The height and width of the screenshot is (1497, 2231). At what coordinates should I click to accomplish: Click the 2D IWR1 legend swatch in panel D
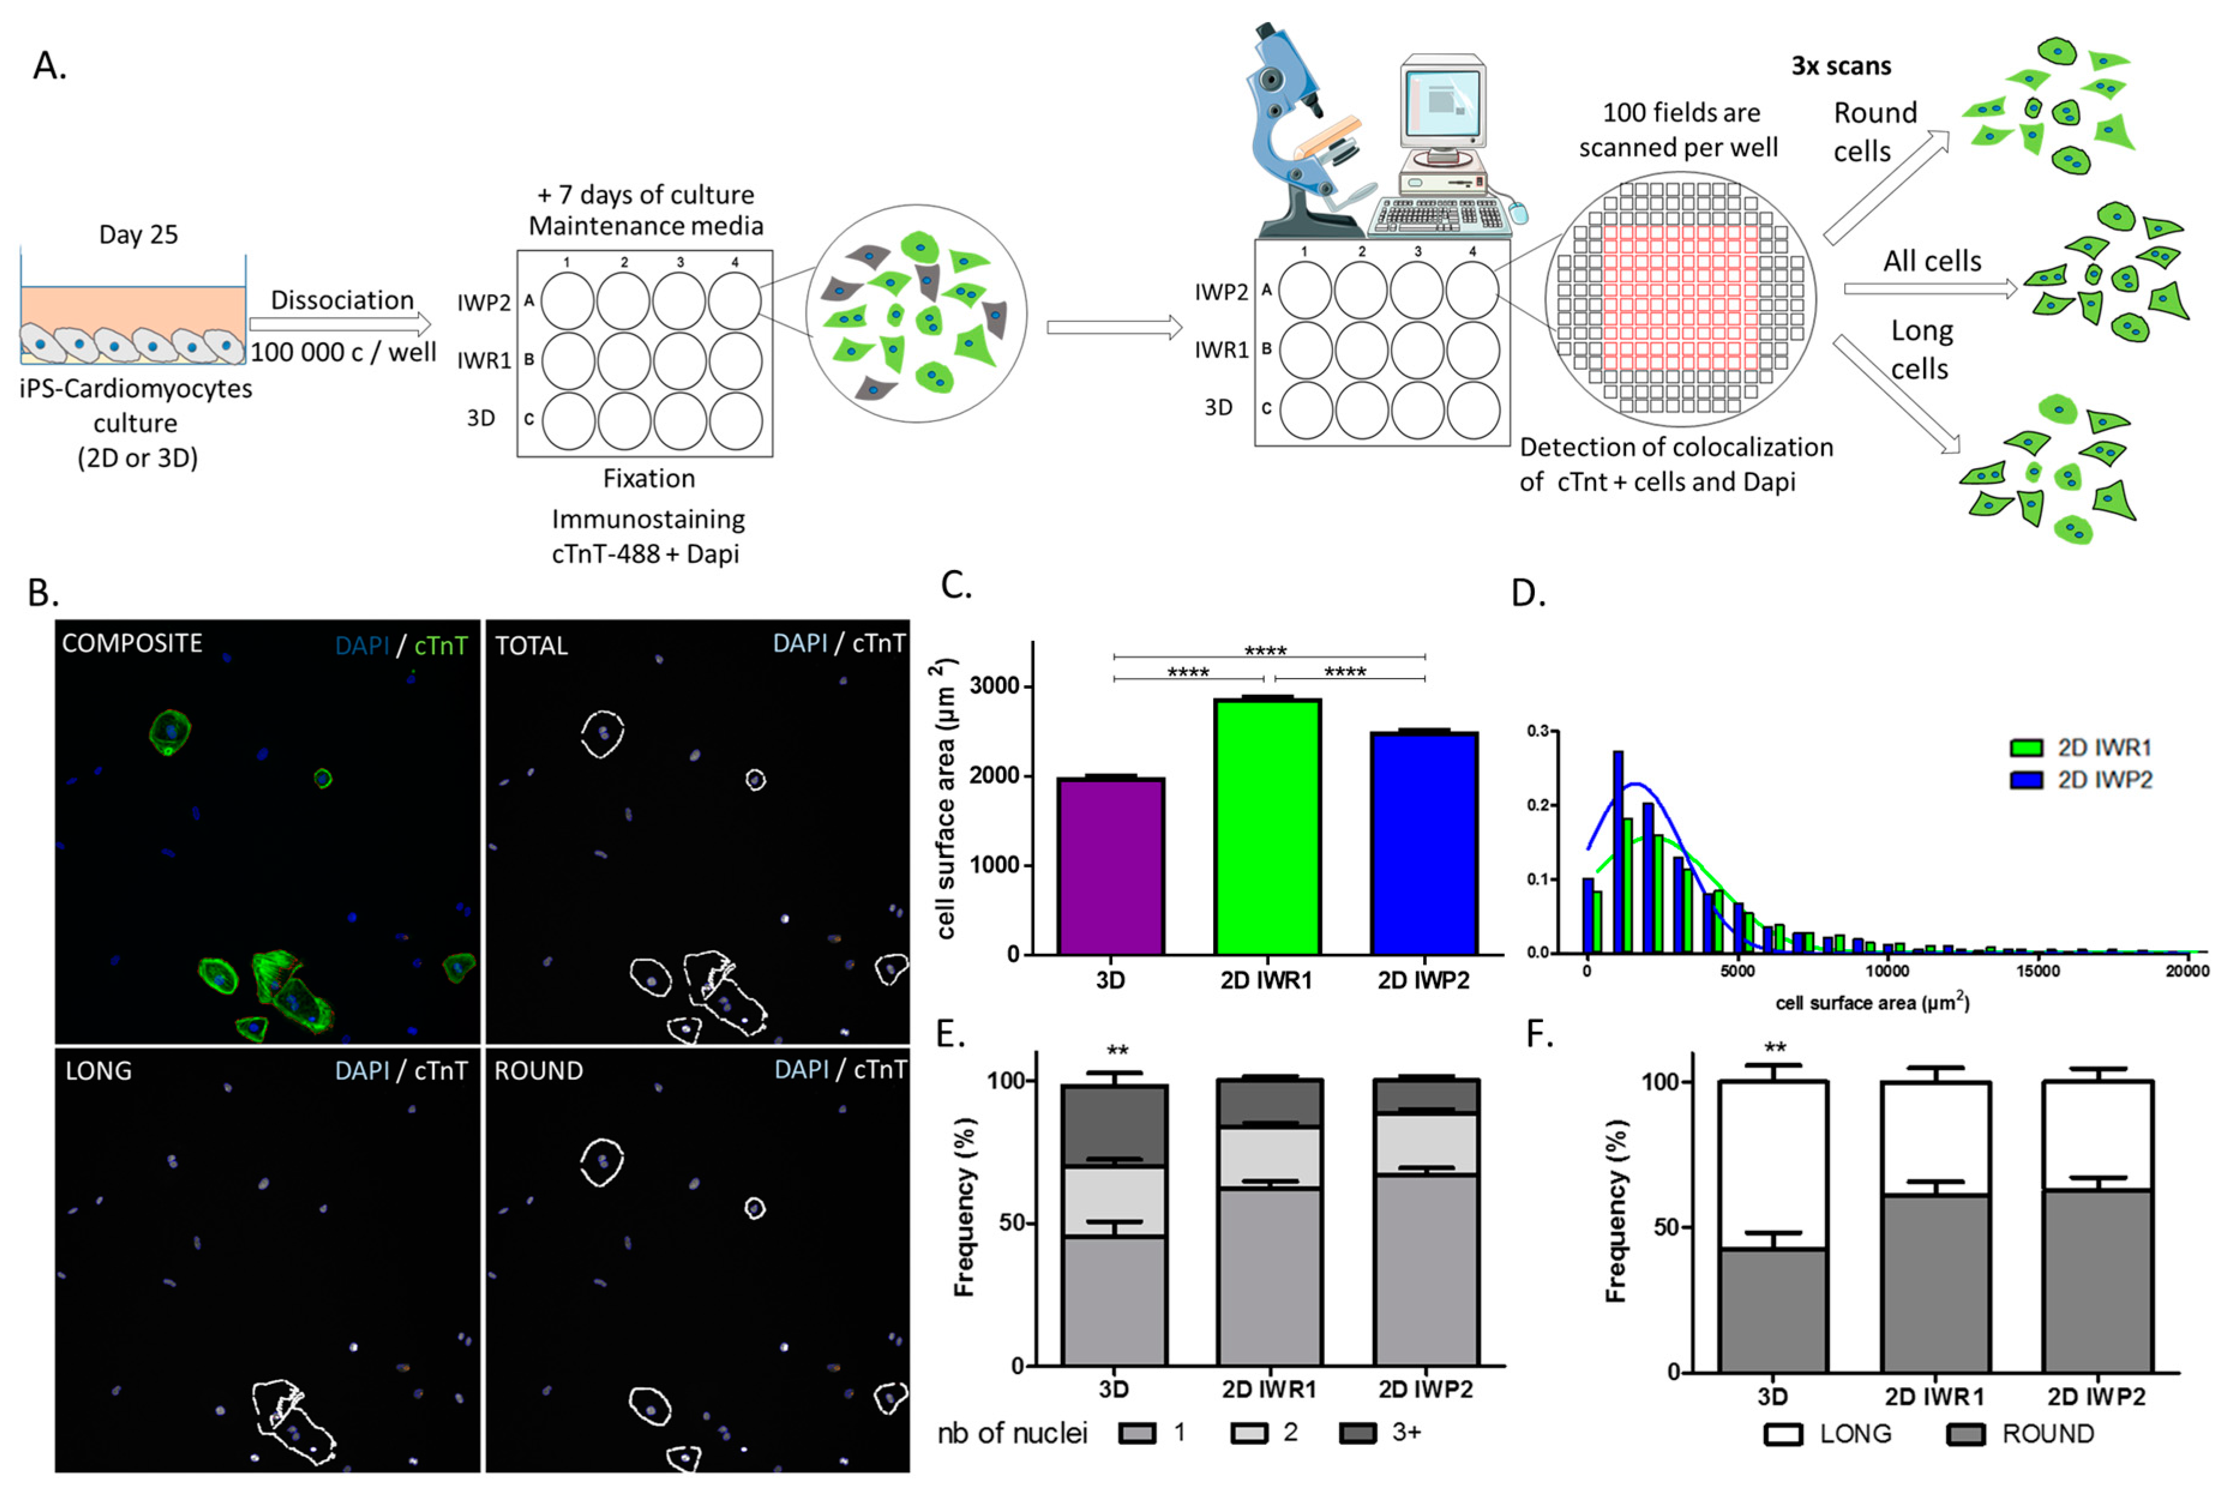point(2026,748)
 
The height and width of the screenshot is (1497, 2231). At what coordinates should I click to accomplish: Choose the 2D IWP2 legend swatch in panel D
point(2026,780)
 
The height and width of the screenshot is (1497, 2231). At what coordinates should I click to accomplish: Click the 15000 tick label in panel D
point(2037,972)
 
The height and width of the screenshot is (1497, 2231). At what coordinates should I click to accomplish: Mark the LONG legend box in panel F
point(1783,1434)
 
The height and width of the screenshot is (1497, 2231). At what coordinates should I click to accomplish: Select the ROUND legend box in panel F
point(1965,1434)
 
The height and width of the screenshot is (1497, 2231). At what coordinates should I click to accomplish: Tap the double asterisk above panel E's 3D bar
point(1117,1051)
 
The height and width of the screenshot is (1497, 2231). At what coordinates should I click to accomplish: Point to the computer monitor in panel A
point(1442,100)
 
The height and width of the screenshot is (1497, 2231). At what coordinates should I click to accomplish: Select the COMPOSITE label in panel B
point(132,643)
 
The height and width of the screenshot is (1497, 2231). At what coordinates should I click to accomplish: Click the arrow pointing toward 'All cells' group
point(1929,288)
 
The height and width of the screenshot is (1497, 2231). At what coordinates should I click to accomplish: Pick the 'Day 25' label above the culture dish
point(139,235)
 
